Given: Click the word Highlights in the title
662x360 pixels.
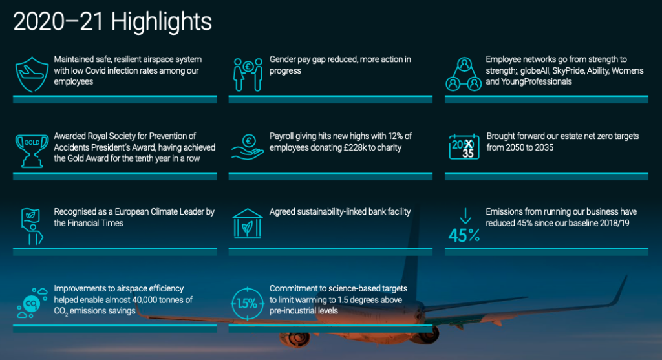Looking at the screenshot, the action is click(x=162, y=22).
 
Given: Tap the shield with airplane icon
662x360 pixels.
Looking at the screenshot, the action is click(x=32, y=75).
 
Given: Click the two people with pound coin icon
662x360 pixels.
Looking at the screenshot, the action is click(x=248, y=75).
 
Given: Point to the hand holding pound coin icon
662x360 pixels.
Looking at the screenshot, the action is click(x=248, y=147).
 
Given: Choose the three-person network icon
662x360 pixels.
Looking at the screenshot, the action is click(x=464, y=75).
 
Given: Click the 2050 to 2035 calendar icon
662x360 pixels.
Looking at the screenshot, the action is click(x=464, y=147).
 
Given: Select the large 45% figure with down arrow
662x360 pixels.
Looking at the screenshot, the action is click(x=464, y=226).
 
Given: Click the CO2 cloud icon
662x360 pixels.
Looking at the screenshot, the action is click(x=32, y=302).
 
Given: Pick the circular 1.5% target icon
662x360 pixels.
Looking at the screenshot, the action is click(x=248, y=303).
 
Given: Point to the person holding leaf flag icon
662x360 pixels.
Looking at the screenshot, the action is click(x=32, y=227).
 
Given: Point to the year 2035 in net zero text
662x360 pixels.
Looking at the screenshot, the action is click(x=544, y=148).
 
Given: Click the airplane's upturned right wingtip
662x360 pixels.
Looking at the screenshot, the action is click(x=624, y=277).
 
